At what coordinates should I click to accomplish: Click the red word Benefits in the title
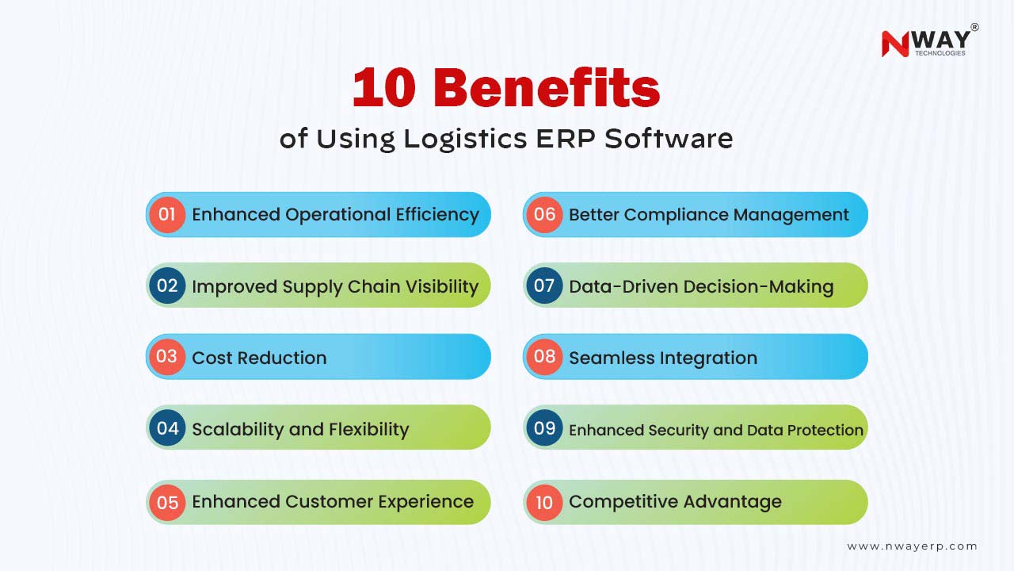[549, 87]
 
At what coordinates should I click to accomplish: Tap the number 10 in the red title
[384, 87]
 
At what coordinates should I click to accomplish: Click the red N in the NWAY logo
[895, 44]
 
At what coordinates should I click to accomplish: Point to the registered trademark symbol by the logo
[975, 27]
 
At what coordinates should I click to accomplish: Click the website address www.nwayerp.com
[912, 546]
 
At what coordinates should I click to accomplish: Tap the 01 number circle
[167, 214]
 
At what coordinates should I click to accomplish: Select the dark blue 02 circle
[167, 285]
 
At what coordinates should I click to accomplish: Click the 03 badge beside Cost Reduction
[167, 357]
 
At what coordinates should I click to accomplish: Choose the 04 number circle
[167, 427]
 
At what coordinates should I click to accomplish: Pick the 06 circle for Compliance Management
[544, 214]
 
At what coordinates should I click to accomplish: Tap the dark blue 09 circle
[544, 427]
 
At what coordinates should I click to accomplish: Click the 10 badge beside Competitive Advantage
[544, 502]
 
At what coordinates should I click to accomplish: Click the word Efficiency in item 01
[437, 215]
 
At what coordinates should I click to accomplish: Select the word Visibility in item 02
[442, 286]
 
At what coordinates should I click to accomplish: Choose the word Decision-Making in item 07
[758, 287]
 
